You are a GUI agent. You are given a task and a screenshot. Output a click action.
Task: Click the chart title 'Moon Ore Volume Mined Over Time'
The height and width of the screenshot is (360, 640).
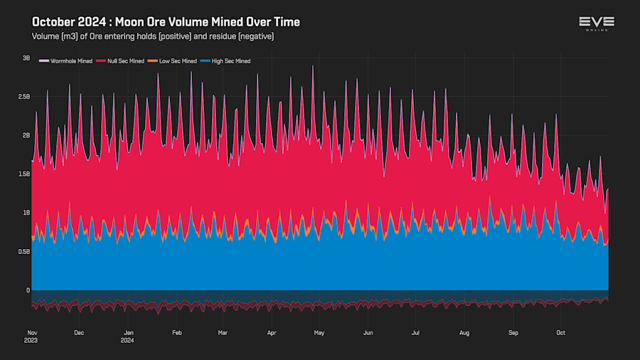[166, 22]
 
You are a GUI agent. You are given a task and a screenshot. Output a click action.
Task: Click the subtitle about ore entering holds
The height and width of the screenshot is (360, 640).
[153, 36]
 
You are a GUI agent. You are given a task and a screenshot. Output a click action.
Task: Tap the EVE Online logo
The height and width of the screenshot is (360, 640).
[596, 23]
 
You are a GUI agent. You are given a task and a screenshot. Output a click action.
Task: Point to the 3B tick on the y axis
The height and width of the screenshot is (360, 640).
[26, 58]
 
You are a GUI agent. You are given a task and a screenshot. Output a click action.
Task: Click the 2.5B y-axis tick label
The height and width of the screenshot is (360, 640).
[23, 97]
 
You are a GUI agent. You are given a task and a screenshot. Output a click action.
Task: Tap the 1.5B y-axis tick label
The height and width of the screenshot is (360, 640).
[23, 174]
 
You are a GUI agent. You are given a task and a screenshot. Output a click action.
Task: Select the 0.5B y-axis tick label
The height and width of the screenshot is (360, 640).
[23, 251]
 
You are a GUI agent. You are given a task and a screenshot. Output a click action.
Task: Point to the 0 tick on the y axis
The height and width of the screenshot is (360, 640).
[28, 290]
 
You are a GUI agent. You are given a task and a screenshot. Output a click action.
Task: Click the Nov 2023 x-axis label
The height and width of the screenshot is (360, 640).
[32, 336]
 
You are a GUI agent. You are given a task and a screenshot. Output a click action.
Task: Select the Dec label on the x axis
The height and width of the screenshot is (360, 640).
[79, 332]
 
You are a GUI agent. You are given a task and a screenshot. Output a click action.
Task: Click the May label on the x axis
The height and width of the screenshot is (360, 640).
[319, 332]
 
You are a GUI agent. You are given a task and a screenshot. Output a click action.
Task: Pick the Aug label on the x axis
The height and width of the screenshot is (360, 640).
[464, 332]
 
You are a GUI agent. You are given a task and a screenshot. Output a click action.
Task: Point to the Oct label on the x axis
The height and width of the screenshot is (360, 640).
[560, 332]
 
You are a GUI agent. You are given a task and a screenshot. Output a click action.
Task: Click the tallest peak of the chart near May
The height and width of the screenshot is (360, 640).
[312, 66]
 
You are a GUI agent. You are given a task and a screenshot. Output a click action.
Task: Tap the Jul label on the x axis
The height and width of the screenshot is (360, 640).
[416, 332]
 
